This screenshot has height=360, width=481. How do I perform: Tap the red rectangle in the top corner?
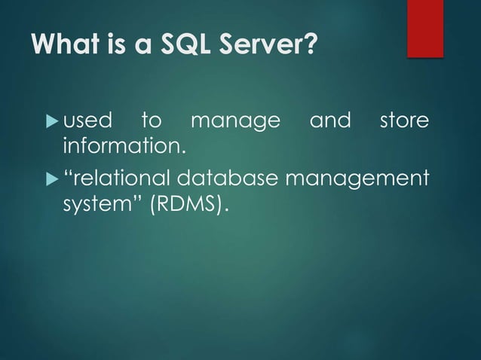click(x=424, y=28)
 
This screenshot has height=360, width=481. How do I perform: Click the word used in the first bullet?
click(x=87, y=121)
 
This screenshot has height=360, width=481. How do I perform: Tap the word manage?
click(x=235, y=122)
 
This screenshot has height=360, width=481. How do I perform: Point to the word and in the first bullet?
click(x=330, y=121)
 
